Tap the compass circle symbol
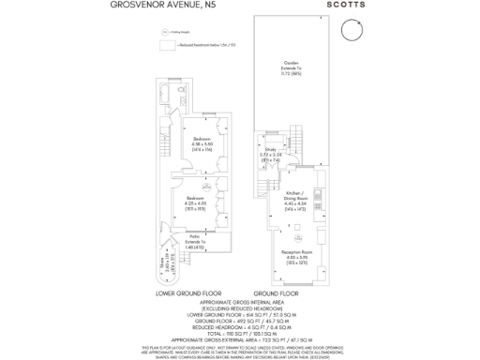point(350,31)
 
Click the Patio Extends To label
point(196,241)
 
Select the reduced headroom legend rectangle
point(168,43)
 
